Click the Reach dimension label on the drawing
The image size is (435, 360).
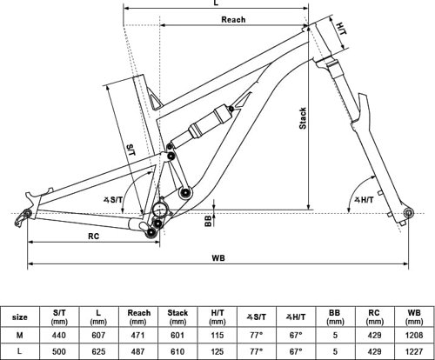[x=232, y=19]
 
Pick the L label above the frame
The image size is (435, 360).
[x=215, y=4]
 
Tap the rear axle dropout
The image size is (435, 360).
[x=27, y=211]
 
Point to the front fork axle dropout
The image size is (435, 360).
[x=404, y=211]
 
